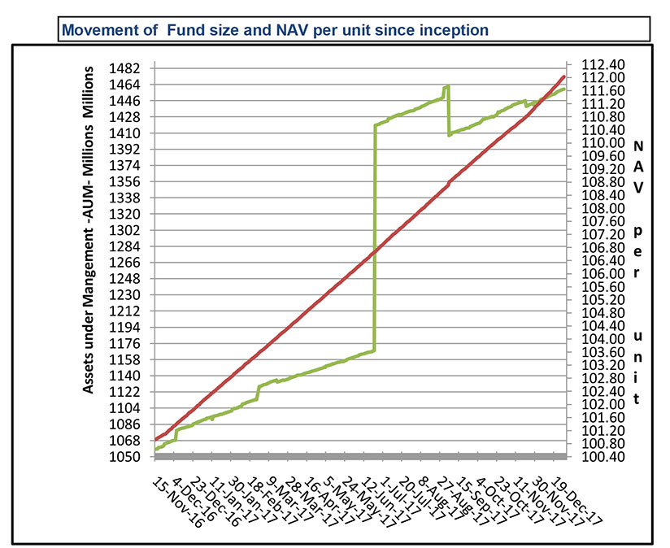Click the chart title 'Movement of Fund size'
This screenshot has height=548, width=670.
(275, 30)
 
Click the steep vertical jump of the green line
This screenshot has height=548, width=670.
(374, 236)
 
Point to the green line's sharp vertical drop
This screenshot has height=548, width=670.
(449, 111)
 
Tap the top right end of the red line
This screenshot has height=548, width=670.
(564, 76)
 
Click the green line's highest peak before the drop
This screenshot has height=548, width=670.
(446, 86)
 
